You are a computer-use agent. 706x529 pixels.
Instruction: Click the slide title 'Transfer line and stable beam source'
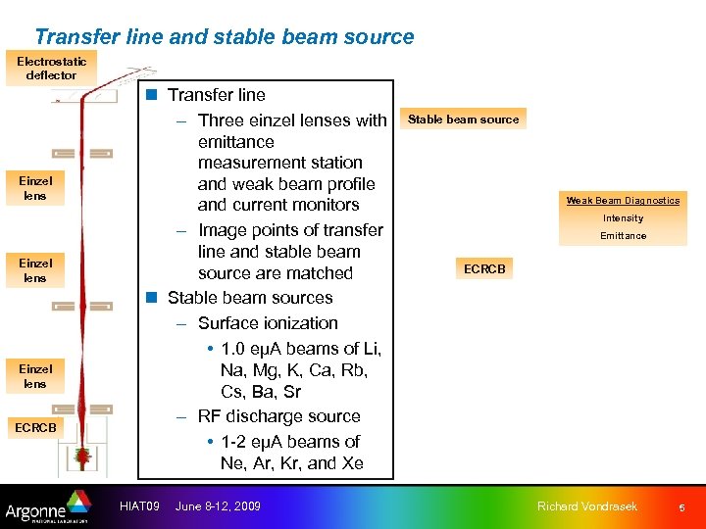click(224, 37)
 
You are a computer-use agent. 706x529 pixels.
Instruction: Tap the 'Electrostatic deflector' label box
click(51, 68)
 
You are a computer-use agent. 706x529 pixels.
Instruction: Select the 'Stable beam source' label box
click(463, 120)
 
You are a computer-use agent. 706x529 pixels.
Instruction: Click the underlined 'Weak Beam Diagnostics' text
click(623, 201)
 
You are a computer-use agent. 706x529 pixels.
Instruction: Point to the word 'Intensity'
click(623, 218)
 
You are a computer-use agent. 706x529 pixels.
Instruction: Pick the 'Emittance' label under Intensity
click(623, 236)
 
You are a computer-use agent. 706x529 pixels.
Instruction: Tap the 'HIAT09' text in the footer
click(139, 505)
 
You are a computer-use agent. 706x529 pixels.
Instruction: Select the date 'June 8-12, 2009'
click(218, 505)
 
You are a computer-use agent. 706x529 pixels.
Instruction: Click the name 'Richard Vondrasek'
click(587, 505)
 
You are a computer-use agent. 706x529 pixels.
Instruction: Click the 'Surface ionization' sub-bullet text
click(268, 323)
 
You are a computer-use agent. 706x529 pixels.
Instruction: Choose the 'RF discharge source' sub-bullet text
click(278, 416)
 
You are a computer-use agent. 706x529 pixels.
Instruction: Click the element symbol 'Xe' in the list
click(351, 463)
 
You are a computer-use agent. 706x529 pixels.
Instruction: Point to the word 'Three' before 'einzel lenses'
click(222, 120)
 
